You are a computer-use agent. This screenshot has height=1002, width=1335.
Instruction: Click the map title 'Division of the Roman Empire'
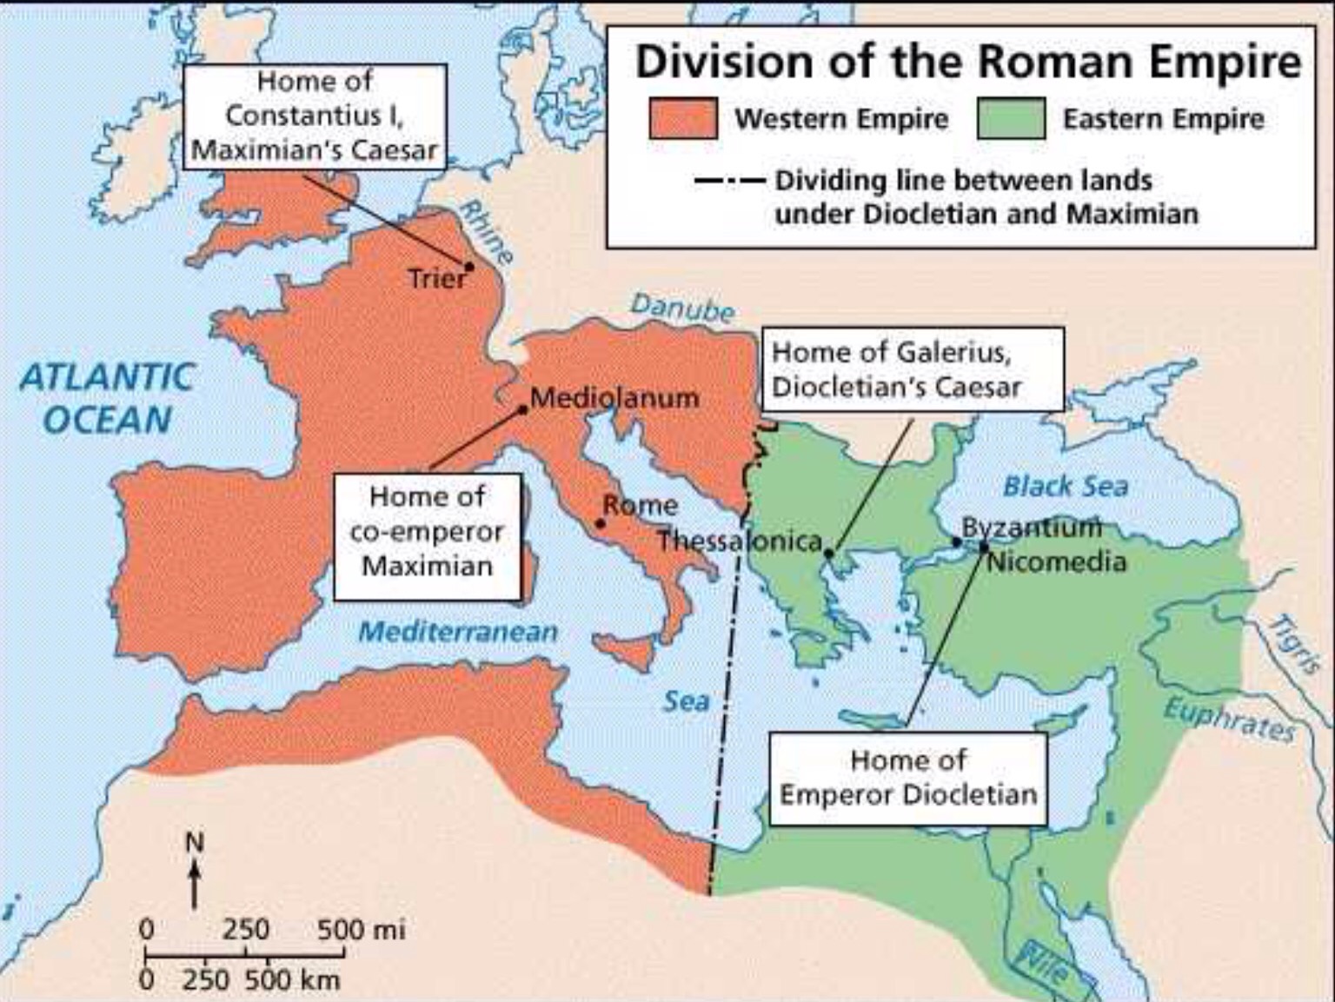967,63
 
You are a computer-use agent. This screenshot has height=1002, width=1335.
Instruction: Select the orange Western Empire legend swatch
683,119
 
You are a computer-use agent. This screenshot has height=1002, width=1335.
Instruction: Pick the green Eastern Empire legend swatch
1011,119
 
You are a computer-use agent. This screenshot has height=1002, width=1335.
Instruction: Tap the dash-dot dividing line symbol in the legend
728,182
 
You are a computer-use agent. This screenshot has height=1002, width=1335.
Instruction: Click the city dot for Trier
469,267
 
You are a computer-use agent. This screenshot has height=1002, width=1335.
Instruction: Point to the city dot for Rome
600,524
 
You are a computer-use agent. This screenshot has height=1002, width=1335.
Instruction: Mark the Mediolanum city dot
523,409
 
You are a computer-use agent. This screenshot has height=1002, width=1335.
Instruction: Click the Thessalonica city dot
829,553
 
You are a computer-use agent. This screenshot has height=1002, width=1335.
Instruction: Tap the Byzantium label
1031,527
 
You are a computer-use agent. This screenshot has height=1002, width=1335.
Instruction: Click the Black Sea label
1066,487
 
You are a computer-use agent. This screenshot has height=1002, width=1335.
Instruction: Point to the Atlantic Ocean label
107,399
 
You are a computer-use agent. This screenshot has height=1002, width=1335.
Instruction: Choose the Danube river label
682,308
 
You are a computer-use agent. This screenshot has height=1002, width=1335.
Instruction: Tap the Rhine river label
486,232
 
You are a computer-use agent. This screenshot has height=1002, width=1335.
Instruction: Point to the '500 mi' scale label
361,930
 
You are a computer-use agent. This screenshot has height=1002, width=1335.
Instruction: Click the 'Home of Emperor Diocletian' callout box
908,778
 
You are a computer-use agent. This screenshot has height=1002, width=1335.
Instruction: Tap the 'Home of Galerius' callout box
912,369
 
